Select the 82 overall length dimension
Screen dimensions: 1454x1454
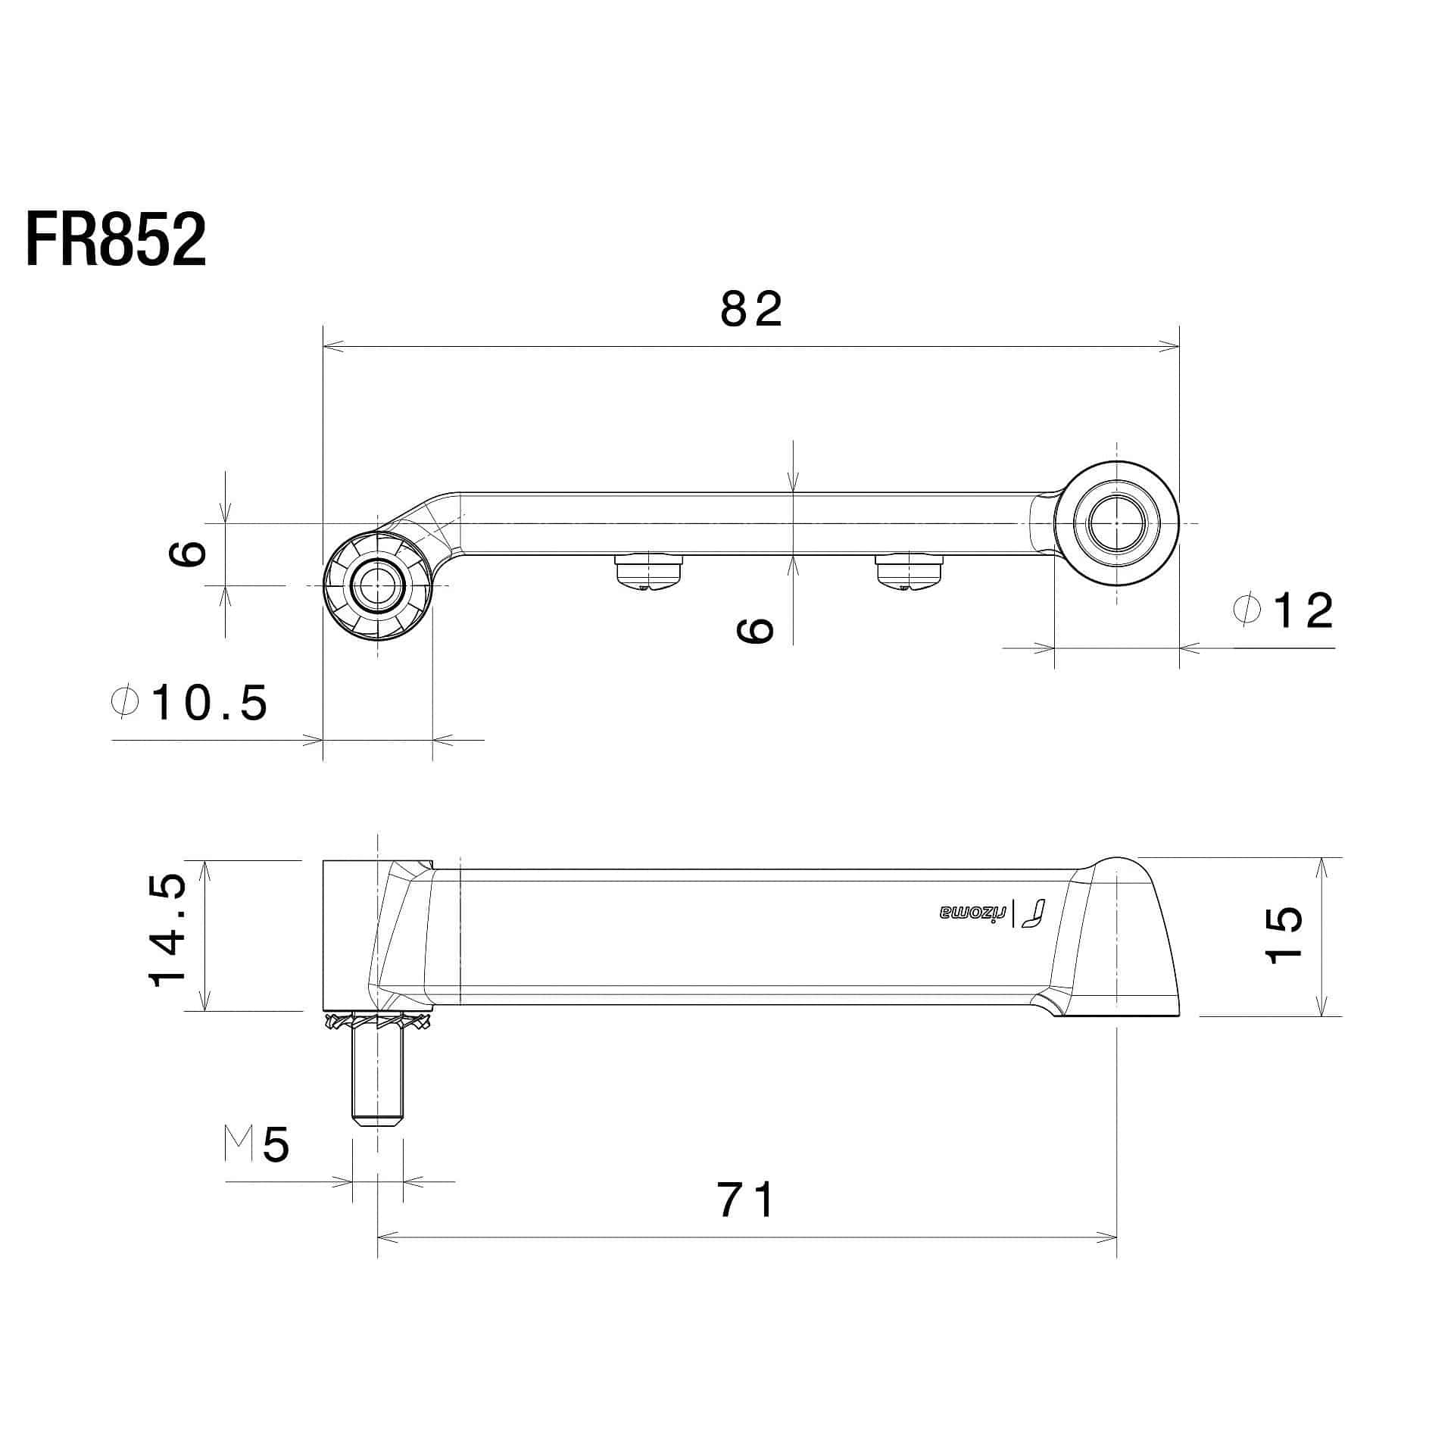pos(750,310)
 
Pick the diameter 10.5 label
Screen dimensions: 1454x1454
pos(189,703)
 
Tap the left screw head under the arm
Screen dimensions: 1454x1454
pos(650,573)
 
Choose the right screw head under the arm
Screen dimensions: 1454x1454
pos(909,573)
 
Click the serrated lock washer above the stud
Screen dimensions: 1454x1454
pos(378,1022)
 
